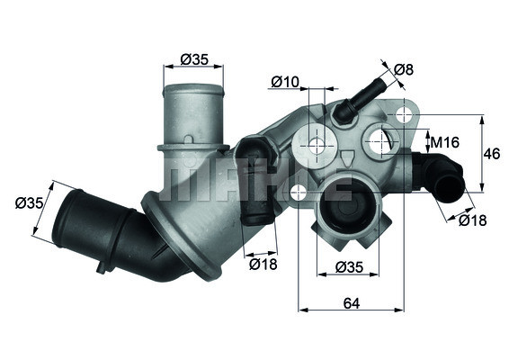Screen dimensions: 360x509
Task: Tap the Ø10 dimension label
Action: [285, 82]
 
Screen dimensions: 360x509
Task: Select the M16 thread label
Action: [444, 142]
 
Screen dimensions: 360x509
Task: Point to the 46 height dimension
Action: [491, 154]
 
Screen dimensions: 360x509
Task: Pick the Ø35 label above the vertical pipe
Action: [194, 59]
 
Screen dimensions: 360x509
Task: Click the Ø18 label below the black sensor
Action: [263, 264]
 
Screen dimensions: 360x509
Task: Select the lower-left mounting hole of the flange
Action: [295, 191]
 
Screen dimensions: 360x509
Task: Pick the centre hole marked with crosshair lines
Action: [316, 144]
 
